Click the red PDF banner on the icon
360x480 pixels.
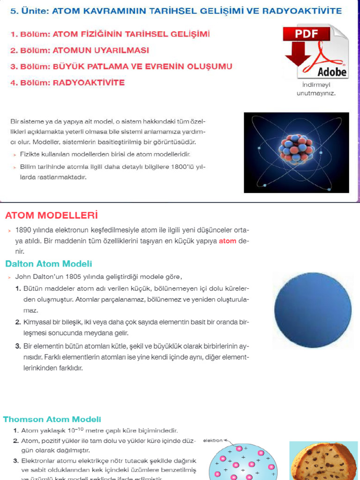tap(307, 34)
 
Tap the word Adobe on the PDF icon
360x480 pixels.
tap(332, 72)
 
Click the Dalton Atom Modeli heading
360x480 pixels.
tap(49, 264)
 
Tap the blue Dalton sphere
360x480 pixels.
tap(313, 310)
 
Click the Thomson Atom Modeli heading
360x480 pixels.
tap(52, 420)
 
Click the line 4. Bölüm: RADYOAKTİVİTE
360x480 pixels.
tap(67, 83)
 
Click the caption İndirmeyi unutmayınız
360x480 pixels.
tap(316, 89)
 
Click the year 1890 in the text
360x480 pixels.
tap(24, 230)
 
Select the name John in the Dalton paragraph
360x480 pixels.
tap(23, 277)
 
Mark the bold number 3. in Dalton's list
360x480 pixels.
tap(18, 346)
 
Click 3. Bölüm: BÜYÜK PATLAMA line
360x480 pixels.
tap(121, 67)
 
